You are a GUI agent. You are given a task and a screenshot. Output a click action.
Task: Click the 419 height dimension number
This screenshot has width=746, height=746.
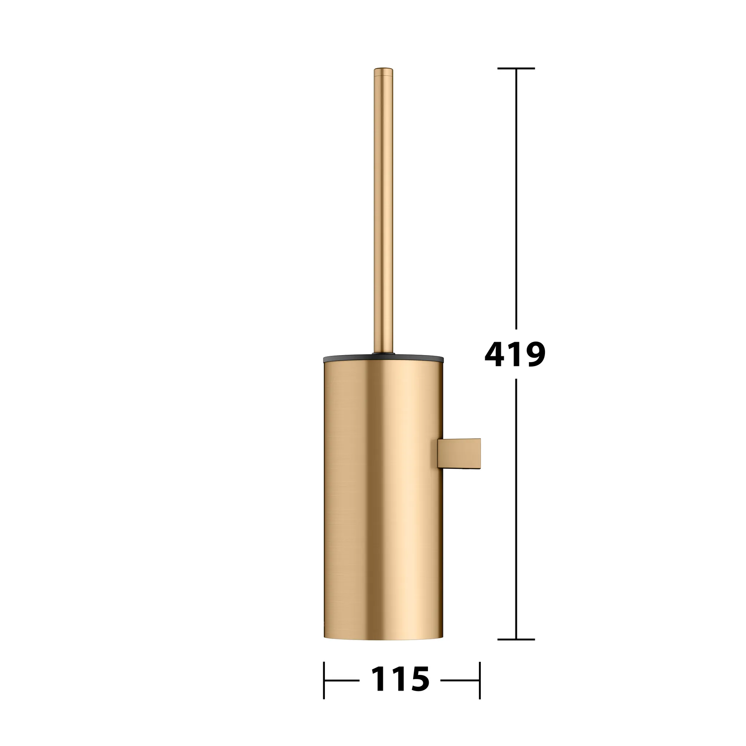tap(515, 355)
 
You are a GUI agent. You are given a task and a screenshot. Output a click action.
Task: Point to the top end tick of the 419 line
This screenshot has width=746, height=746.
tap(516, 68)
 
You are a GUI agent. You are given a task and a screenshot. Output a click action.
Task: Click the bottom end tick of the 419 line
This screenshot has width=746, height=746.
tap(516, 640)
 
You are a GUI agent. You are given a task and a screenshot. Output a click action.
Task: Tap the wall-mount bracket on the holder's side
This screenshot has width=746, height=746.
tap(459, 454)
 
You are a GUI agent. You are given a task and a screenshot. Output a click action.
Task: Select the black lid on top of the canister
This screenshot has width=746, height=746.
tap(383, 359)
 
